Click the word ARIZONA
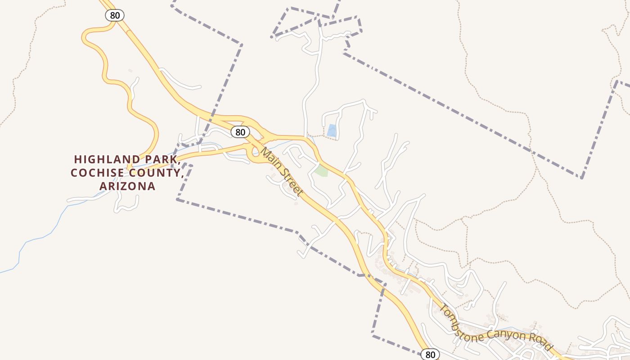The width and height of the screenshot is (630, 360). (x=127, y=186)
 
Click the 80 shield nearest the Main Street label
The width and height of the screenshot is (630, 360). (x=240, y=132)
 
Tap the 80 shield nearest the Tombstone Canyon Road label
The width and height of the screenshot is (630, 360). (x=430, y=354)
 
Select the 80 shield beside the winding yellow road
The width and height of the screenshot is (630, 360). (x=115, y=15)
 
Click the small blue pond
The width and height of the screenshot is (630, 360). (x=332, y=130)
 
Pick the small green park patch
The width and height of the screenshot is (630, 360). (x=321, y=171)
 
